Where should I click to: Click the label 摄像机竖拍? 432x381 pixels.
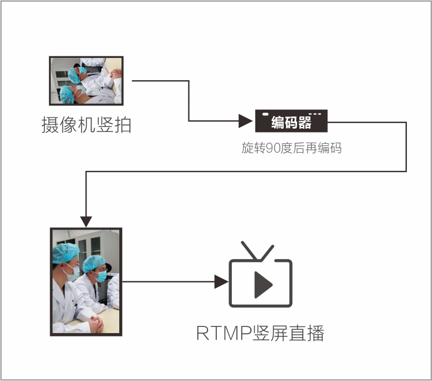[86, 124]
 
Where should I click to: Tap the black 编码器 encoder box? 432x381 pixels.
[291, 121]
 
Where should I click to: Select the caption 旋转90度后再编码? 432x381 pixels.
[291, 148]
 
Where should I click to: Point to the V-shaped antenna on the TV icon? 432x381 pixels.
[257, 251]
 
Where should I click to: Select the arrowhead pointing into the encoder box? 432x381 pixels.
[246, 121]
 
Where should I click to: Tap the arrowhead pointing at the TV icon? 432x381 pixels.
[221, 281]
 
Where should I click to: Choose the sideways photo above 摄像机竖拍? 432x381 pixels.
[86, 81]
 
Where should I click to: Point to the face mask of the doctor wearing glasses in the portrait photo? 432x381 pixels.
[101, 276]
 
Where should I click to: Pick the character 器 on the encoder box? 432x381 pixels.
[304, 123]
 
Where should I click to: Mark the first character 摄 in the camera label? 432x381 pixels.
[49, 124]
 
